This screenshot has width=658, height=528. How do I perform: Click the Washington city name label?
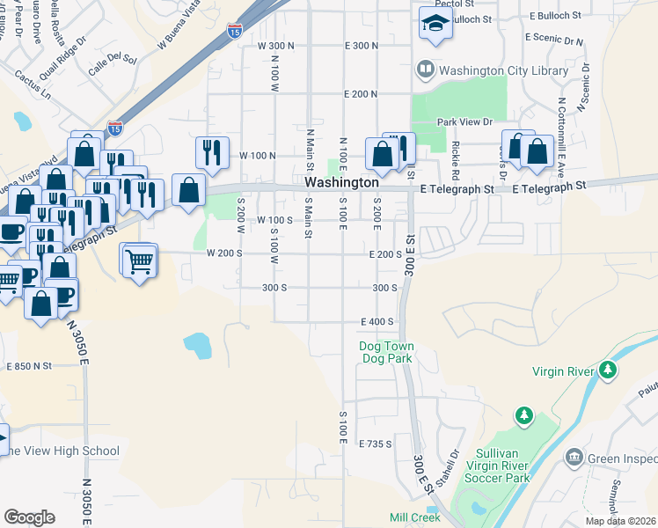(341, 182)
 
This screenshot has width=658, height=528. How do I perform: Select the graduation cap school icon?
(435, 26)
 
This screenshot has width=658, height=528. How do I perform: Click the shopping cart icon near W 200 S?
(139, 260)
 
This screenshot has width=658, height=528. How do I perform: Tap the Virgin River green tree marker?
(607, 370)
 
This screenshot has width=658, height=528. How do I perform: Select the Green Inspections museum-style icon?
(574, 458)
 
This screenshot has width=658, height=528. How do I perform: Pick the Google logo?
(29, 517)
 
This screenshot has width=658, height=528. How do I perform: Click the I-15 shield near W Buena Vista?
(234, 32)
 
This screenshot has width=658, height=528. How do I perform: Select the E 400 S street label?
(376, 322)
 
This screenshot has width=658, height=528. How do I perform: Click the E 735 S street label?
(375, 444)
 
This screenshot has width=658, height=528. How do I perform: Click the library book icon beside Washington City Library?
(426, 69)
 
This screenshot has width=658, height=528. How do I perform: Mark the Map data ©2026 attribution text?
(621, 521)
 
